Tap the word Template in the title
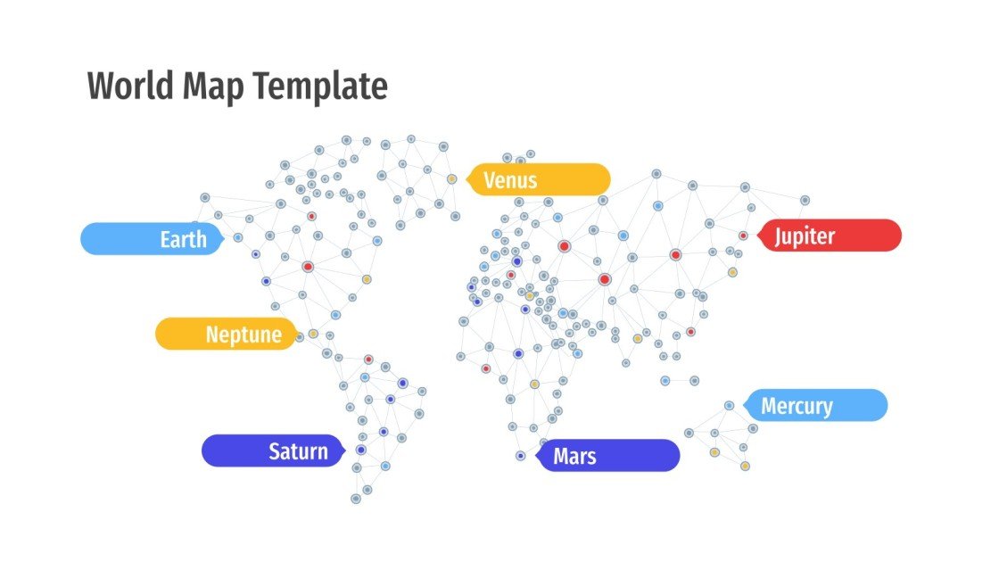tap(319, 87)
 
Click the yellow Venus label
tap(540, 179)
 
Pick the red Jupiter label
tap(830, 236)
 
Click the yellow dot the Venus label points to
tap(452, 179)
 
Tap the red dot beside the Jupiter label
tap(743, 236)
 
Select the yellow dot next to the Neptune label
tap(313, 334)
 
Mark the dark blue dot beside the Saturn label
tap(360, 450)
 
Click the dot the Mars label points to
tap(521, 456)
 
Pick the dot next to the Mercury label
tap(729, 405)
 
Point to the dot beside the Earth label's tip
tap(238, 237)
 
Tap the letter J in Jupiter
tap(780, 236)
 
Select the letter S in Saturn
tap(275, 451)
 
